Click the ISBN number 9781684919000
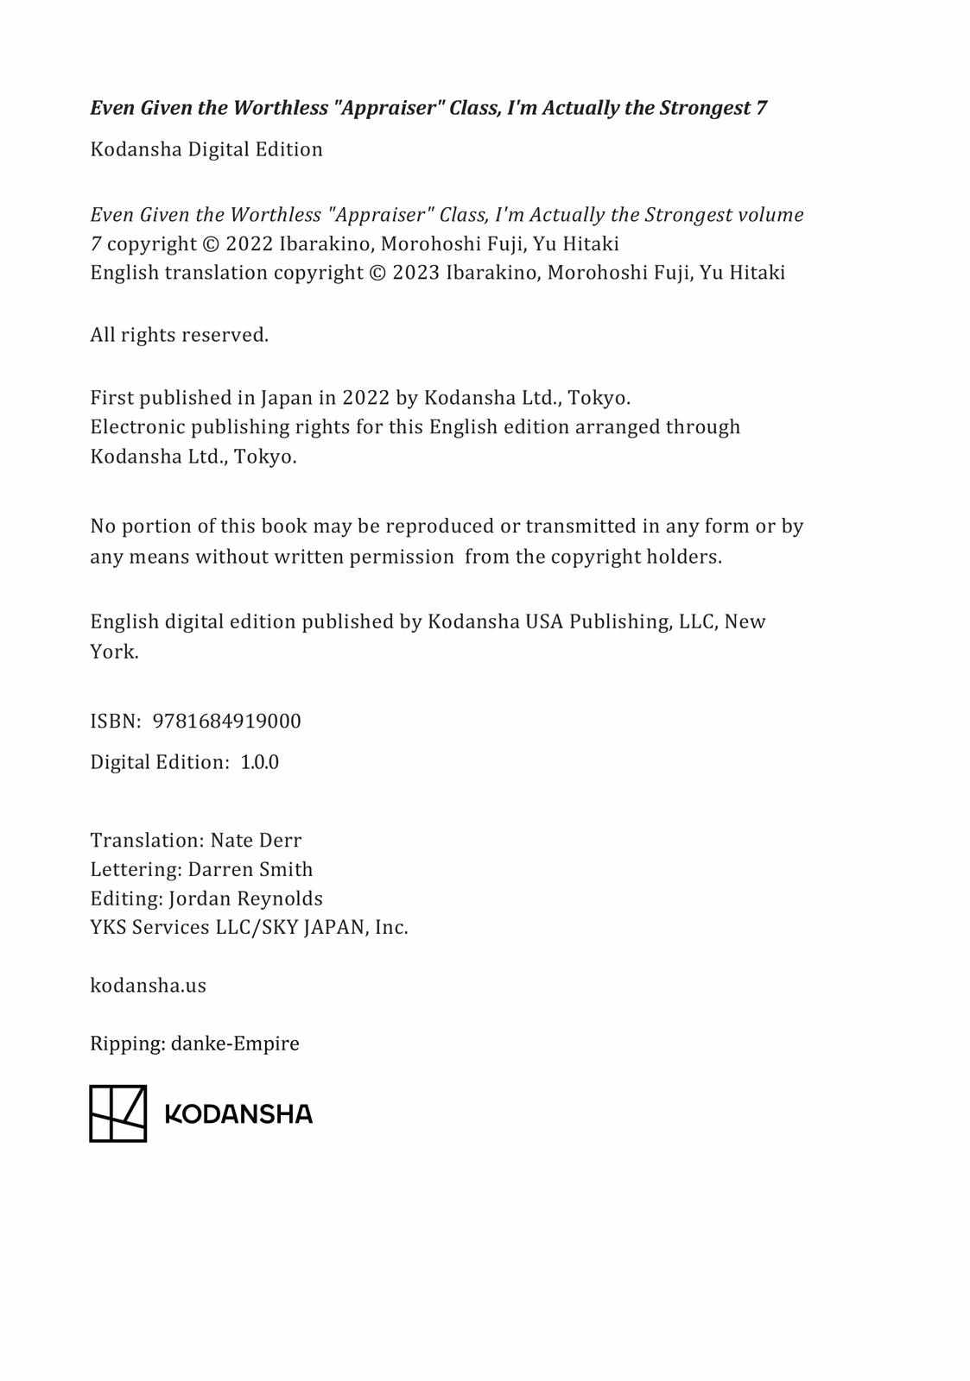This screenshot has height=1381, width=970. coord(226,722)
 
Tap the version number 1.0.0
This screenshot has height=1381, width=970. coord(259,762)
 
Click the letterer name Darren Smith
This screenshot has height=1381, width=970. coord(250,869)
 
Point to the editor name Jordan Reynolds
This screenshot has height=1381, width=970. coord(245,899)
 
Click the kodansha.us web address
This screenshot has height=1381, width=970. coord(148,986)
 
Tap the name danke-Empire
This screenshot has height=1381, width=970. coord(235,1044)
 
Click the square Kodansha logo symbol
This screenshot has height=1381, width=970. coord(118,1113)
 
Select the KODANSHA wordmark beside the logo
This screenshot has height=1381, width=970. coord(238,1114)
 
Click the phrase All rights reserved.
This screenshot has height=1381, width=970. coord(179,335)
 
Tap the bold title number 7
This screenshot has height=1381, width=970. coord(761,108)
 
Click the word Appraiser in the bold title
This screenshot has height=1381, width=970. coord(380,108)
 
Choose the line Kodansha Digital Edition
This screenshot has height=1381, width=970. coord(206,149)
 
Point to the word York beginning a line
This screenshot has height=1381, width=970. coord(113,652)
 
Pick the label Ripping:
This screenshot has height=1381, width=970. coord(127,1044)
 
